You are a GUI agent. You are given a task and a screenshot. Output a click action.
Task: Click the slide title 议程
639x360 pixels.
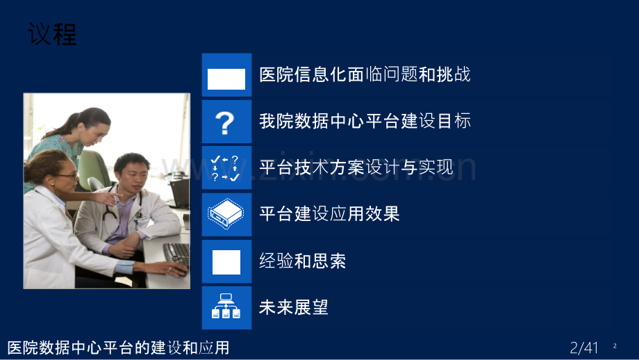click(53, 33)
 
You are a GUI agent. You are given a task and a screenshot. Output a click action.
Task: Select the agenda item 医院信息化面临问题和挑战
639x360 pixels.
click(365, 74)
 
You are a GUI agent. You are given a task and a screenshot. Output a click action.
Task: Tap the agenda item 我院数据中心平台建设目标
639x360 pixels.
click(365, 121)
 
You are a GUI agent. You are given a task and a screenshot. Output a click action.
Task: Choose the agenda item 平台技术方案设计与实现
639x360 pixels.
click(356, 167)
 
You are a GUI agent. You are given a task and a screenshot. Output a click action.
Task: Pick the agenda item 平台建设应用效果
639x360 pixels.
click(329, 214)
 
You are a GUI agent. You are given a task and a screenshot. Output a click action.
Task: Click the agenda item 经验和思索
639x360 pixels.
click(302, 261)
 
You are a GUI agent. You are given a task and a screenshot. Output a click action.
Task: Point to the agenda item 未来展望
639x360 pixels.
click(293, 307)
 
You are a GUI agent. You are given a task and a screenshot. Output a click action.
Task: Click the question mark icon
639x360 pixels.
click(226, 122)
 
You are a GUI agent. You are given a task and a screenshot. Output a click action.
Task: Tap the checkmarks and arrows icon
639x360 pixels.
click(226, 168)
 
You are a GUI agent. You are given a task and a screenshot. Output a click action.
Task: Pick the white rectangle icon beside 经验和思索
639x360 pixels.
click(226, 262)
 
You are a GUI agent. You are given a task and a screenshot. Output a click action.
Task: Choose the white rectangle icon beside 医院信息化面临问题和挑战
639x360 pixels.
click(226, 78)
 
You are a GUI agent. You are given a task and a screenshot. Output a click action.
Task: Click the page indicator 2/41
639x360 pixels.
click(583, 347)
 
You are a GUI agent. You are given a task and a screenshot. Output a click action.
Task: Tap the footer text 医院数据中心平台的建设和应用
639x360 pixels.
click(118, 347)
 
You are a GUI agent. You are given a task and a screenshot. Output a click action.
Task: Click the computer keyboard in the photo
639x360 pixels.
click(176, 253)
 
